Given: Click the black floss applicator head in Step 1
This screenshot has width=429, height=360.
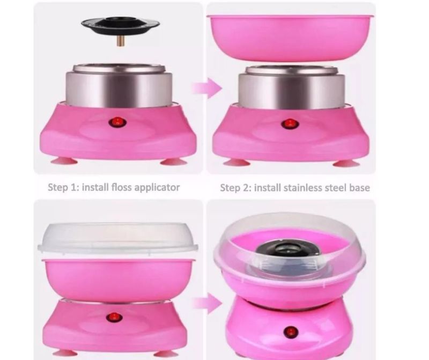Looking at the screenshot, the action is click(120, 25).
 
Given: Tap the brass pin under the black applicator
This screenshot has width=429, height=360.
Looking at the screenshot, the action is click(120, 41).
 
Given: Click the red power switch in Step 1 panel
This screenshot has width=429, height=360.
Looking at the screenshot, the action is click(117, 122).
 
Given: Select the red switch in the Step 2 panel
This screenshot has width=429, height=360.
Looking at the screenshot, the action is click(290, 124).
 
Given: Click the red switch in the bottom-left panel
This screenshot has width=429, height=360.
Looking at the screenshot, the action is click(114, 318).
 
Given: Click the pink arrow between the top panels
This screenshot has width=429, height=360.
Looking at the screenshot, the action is click(207, 88).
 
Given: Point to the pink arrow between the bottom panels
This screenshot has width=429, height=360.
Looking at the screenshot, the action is click(207, 303).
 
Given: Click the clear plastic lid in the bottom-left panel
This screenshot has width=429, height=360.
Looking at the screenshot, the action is click(117, 238).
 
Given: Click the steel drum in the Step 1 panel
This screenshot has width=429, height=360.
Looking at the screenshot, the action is click(119, 86).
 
